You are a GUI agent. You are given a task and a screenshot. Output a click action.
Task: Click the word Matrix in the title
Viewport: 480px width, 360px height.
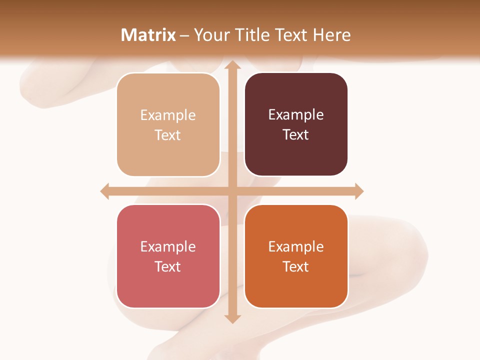click(x=148, y=35)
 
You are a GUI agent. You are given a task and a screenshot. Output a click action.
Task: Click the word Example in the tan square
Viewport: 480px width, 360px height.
click(x=168, y=115)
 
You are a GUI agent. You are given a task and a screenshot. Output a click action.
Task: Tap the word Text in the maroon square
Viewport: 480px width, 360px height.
click(x=296, y=135)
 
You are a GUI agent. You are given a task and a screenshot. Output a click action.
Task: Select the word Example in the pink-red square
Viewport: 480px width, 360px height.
click(x=168, y=246)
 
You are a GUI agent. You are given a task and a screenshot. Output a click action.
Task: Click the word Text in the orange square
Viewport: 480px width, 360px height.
click(x=296, y=266)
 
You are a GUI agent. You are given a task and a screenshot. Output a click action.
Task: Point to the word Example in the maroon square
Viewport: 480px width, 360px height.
click(x=296, y=115)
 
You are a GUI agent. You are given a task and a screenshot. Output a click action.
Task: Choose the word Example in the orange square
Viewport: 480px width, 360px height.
click(x=296, y=246)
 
